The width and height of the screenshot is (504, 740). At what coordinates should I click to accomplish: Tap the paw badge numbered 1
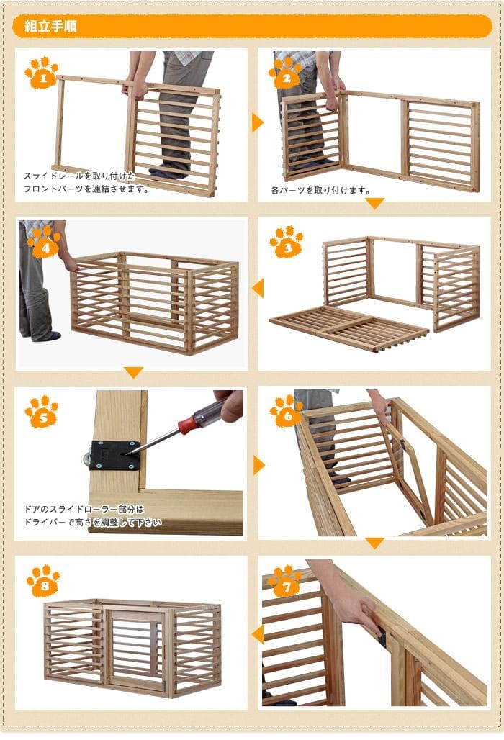(x=41, y=73)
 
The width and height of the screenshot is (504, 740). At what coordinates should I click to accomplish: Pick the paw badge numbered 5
(x=41, y=411)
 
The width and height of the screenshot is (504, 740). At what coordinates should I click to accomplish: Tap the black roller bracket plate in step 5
(x=114, y=455)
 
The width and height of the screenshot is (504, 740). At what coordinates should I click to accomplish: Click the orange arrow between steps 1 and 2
(x=257, y=122)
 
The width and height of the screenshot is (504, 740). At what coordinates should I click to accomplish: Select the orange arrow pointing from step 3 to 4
(x=257, y=289)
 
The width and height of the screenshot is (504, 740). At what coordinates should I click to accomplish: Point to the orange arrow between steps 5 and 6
(x=258, y=465)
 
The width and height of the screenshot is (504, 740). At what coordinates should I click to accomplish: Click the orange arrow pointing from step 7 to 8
(x=257, y=633)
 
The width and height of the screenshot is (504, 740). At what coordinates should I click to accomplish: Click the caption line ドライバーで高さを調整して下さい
(x=93, y=522)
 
